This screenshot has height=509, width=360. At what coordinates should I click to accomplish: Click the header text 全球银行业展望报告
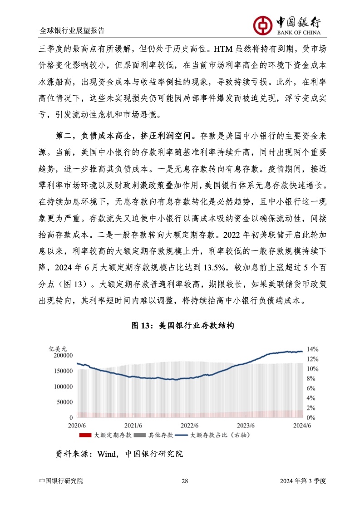[72, 31]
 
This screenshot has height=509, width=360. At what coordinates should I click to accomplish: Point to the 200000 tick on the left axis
[63, 356]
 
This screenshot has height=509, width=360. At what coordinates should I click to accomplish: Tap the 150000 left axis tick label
[63, 371]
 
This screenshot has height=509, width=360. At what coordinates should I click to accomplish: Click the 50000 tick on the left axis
[64, 402]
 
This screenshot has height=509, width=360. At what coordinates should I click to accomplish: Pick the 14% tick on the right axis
[313, 349]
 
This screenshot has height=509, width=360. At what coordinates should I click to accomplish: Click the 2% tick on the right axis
[311, 407]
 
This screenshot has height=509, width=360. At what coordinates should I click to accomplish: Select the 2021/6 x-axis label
[133, 425]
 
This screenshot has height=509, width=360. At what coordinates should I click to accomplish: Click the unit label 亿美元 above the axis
[57, 349]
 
